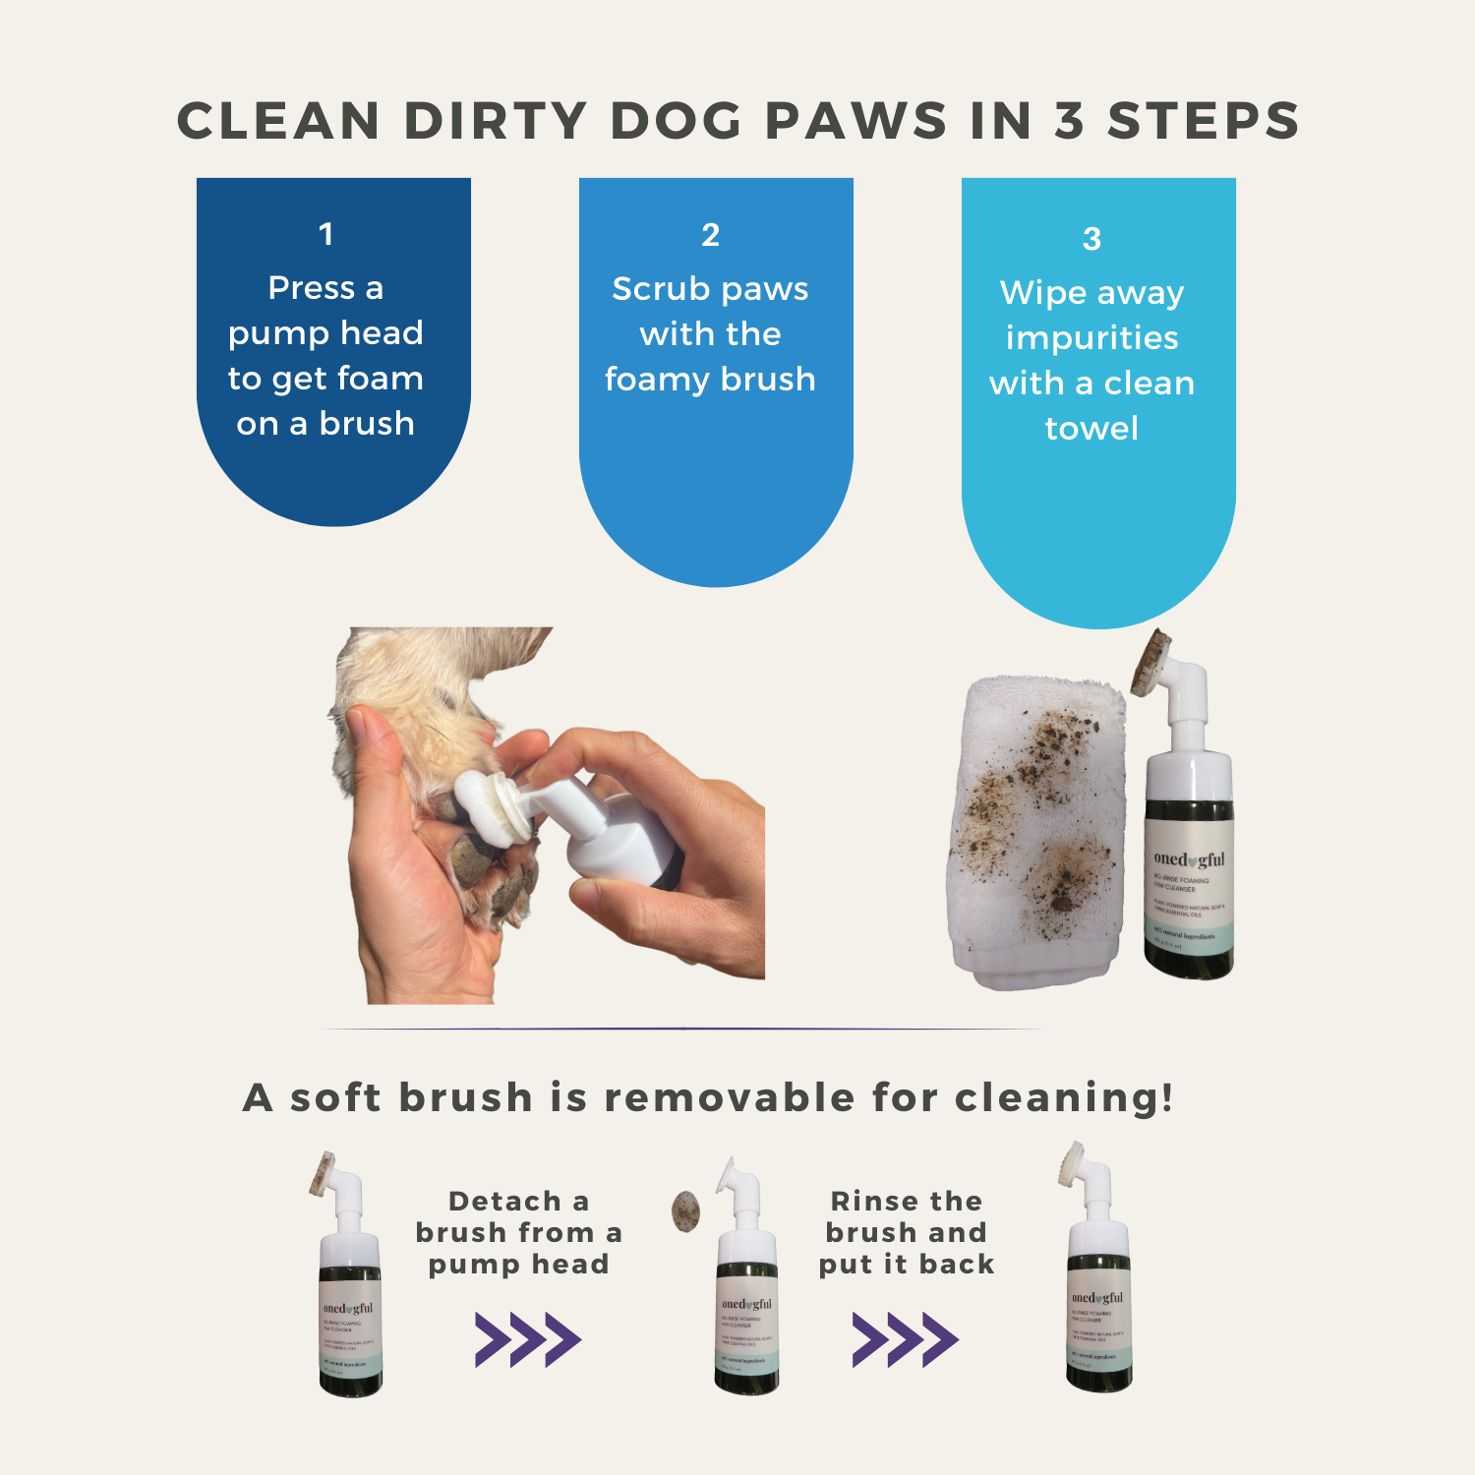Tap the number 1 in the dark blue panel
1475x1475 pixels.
pyautogui.click(x=325, y=234)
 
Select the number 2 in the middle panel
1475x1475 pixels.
pyautogui.click(x=710, y=235)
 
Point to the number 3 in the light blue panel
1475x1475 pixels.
pyautogui.click(x=1091, y=239)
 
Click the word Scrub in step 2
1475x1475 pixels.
pyautogui.click(x=660, y=289)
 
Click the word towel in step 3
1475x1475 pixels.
pyautogui.click(x=1091, y=429)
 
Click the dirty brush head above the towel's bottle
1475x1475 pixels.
pyautogui.click(x=1150, y=664)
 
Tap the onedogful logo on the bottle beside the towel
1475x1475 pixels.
pyautogui.click(x=1189, y=859)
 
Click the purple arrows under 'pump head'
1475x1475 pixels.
pyautogui.click(x=528, y=1339)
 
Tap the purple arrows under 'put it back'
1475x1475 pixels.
pyautogui.click(x=905, y=1339)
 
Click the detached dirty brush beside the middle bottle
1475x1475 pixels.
pyautogui.click(x=685, y=1211)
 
